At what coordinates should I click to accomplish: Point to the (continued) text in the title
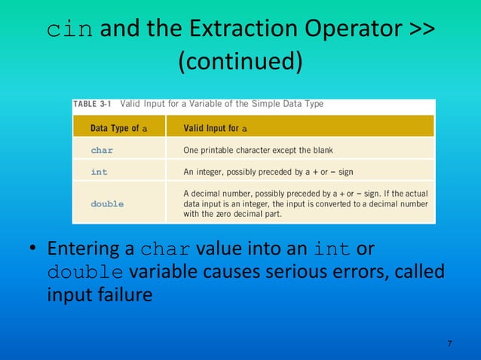[x=240, y=62]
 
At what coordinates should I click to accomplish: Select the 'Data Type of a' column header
[x=118, y=128]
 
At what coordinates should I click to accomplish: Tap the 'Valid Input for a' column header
[x=216, y=128]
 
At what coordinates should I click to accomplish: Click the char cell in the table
[x=102, y=150]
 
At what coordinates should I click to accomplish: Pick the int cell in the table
[x=99, y=172]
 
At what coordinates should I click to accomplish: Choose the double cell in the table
[x=107, y=203]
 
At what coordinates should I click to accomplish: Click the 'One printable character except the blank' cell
[x=258, y=150]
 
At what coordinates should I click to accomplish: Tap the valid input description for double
[x=305, y=203]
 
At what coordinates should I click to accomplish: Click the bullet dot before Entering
[x=33, y=249]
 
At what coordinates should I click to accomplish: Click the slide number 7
[x=449, y=344]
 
